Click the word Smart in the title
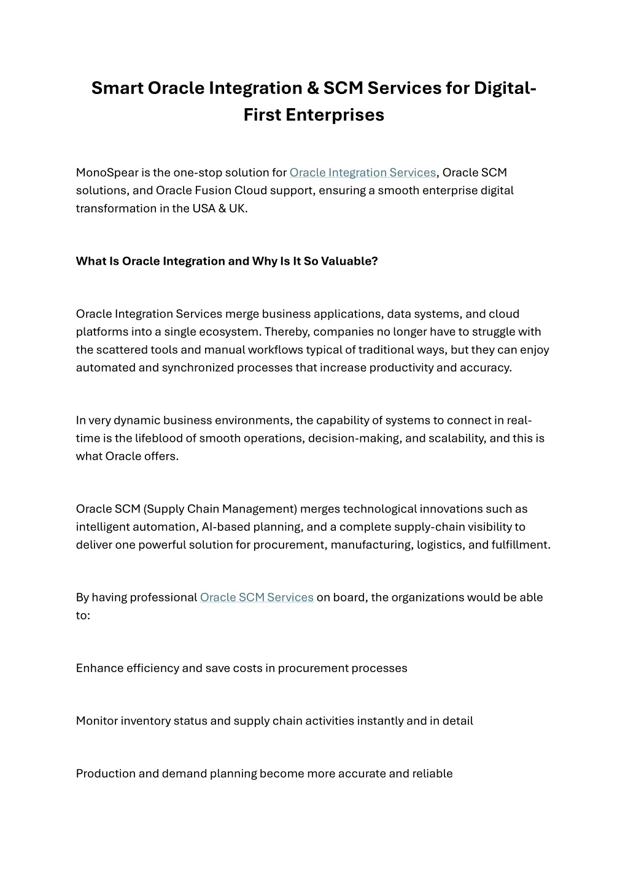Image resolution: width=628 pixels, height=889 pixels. (x=117, y=88)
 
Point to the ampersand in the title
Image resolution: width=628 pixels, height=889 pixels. (x=312, y=88)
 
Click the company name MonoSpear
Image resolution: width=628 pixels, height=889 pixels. (x=107, y=173)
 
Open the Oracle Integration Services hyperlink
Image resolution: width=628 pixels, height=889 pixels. (x=362, y=173)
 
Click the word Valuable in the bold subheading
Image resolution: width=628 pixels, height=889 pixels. (x=349, y=261)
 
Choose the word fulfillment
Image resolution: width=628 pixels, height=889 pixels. (x=521, y=544)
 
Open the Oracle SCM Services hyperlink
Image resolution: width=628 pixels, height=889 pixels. (x=257, y=597)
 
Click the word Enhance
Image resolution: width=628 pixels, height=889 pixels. (x=99, y=668)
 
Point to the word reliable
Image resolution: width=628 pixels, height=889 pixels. (x=433, y=773)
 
